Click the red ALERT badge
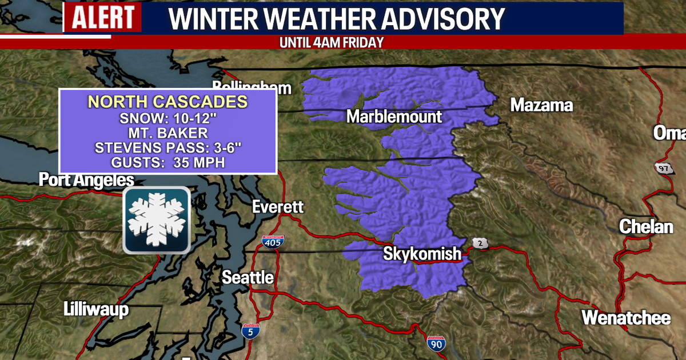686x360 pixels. click(x=102, y=18)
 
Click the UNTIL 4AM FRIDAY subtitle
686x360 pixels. click(x=330, y=42)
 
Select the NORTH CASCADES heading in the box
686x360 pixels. click(x=167, y=102)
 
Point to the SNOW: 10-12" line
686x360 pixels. click(x=167, y=121)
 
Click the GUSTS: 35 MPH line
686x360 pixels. click(x=167, y=163)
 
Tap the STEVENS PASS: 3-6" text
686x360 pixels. click(x=167, y=149)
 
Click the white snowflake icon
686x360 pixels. click(x=156, y=220)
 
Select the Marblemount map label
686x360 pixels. click(x=394, y=117)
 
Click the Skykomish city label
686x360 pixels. click(x=422, y=253)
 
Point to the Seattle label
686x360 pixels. click(x=248, y=278)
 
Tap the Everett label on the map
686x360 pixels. click(x=278, y=207)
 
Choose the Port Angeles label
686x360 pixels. click(x=86, y=180)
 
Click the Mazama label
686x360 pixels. click(x=541, y=105)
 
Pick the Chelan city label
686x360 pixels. click(x=646, y=227)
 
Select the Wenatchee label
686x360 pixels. click(x=626, y=318)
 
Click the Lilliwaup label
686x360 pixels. click(x=95, y=310)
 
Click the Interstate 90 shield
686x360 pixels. click(x=436, y=344)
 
